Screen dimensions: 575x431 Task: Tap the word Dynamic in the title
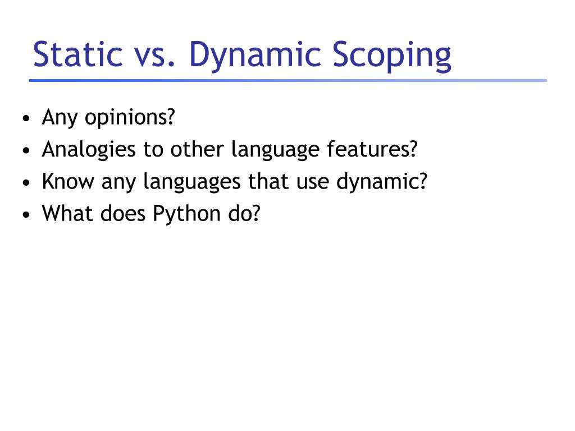[x=255, y=56]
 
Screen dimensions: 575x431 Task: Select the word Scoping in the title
[x=392, y=56]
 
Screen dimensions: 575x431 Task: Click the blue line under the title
[x=288, y=80]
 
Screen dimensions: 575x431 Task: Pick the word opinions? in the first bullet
[x=130, y=118]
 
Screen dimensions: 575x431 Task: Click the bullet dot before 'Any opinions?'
[x=26, y=118]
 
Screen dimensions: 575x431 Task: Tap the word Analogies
[x=89, y=150]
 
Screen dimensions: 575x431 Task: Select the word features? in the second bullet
[x=372, y=149]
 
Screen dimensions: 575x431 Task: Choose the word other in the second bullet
[x=197, y=149]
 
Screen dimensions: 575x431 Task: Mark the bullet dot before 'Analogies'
[x=26, y=150]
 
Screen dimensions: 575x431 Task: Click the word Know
[x=68, y=181]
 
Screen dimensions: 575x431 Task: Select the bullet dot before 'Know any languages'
[x=26, y=182]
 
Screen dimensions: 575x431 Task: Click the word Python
[x=186, y=214]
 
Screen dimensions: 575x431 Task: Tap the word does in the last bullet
[x=123, y=213]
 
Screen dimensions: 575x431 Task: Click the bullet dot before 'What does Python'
[x=26, y=215]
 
